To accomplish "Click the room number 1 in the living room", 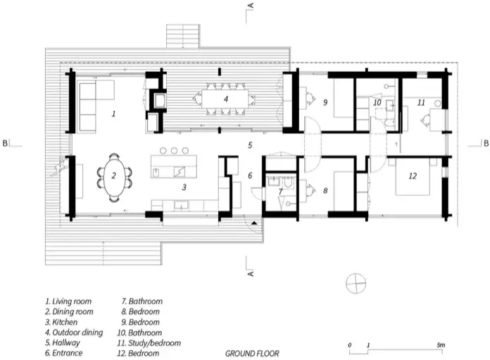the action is coord(114,113).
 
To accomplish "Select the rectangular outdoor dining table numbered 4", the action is coord(225,99).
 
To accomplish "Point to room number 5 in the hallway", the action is coord(250,145).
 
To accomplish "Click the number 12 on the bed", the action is coord(413,176).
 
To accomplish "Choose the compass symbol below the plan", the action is coord(356,283).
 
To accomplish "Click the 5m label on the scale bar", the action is coord(441,345).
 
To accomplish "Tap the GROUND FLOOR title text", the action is coord(252,354).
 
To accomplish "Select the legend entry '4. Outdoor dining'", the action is coord(74,333).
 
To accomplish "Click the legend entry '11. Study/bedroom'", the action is coord(149,343).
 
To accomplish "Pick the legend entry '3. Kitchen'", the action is coord(61,322).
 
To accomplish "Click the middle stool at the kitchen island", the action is coord(174,151).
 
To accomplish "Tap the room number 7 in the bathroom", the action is coord(280,192).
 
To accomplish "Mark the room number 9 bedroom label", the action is coord(325,102).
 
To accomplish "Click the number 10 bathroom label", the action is coord(377,103).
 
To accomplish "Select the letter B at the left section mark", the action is coord(5,143).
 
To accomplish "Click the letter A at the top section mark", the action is coord(251,6).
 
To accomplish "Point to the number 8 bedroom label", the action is coord(325,190).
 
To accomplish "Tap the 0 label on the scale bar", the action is coord(349,345).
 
